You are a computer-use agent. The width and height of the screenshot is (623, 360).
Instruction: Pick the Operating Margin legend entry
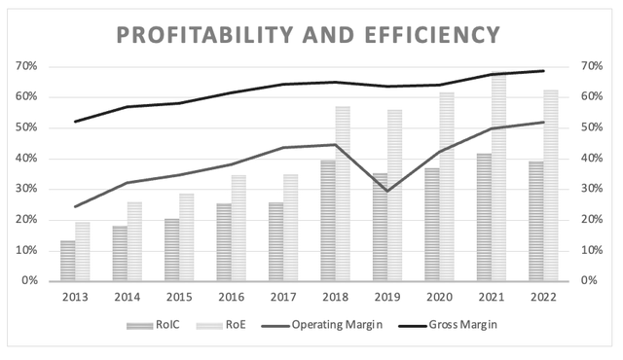(x=337, y=324)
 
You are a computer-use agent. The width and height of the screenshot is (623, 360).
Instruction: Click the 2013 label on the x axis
(x=75, y=295)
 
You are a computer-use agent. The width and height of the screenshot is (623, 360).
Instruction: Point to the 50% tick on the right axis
(x=595, y=127)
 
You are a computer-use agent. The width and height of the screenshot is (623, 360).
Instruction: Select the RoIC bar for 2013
(x=67, y=261)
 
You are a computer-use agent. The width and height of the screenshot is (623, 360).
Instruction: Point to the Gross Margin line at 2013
(x=75, y=122)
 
